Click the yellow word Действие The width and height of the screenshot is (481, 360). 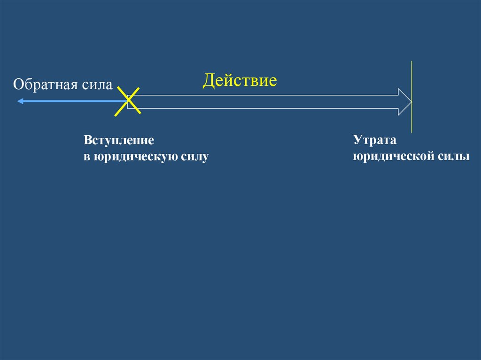point(240,81)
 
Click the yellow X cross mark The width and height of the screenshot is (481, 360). point(128,101)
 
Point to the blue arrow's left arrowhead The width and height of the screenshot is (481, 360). point(19,101)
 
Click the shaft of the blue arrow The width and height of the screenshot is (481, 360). point(70,101)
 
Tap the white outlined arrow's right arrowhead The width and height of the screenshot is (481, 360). point(404,102)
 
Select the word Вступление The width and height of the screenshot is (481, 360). point(119,140)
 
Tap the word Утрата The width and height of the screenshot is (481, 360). point(375,140)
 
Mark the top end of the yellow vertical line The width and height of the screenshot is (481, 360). point(411,62)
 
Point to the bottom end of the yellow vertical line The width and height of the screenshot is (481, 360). point(411,132)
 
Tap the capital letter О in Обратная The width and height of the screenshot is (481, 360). point(18,85)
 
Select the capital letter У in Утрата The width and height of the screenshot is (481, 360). point(357,140)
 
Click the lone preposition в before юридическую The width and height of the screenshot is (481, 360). point(86,157)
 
